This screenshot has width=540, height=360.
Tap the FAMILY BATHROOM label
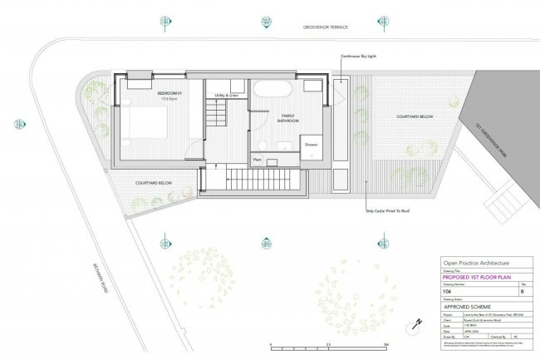pos(287,119)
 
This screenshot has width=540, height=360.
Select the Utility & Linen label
pos(226,96)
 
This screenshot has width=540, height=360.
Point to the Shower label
pos(312,145)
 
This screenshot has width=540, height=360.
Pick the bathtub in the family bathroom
pos(273,89)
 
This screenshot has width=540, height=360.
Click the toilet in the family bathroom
pos(313,86)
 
